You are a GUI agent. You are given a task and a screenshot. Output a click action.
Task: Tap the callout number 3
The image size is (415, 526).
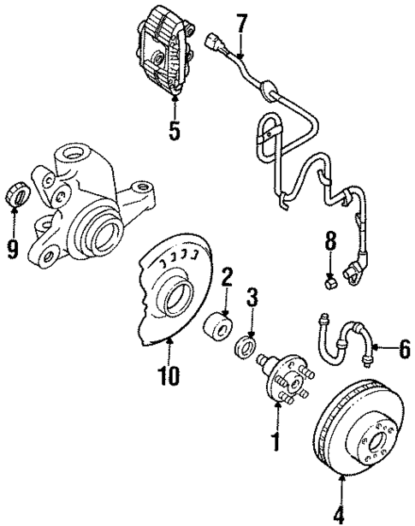click(x=252, y=299)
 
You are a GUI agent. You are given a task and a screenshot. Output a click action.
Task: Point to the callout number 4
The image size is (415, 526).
click(x=340, y=515)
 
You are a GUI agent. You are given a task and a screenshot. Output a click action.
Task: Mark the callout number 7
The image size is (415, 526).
click(x=241, y=23)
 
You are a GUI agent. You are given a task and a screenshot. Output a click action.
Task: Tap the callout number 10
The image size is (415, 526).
click(x=168, y=376)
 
